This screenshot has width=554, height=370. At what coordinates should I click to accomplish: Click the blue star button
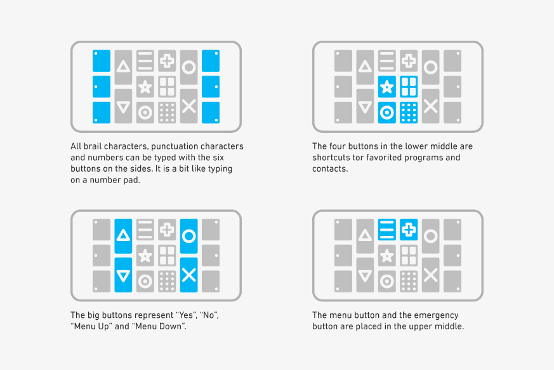(x=387, y=86)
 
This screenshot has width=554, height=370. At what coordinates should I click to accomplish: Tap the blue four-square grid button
(x=409, y=86)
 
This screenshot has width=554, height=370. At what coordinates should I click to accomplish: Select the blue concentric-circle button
(x=387, y=113)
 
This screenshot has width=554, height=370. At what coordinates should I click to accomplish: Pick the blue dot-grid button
(x=409, y=113)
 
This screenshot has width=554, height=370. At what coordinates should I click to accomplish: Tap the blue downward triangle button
(x=123, y=275)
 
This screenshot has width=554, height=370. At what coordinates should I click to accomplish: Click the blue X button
(x=188, y=275)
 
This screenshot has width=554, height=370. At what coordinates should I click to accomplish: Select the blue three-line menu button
(x=387, y=229)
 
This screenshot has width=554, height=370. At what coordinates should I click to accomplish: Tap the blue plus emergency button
(x=409, y=229)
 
